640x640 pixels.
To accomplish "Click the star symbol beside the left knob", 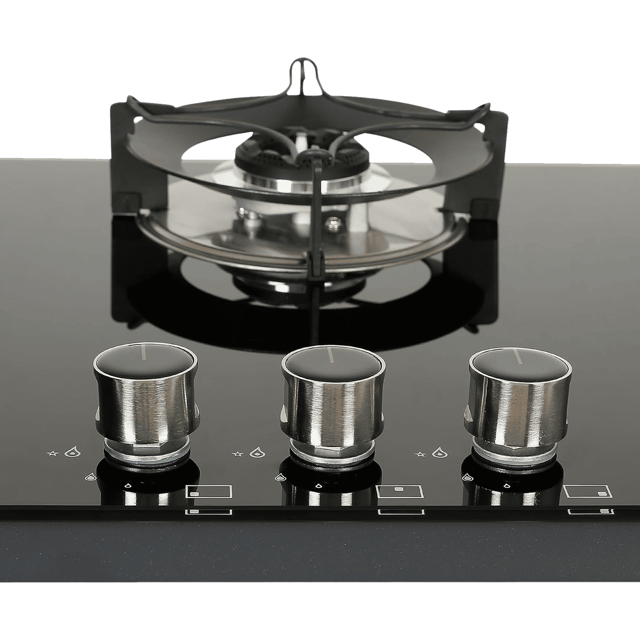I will click(51, 453).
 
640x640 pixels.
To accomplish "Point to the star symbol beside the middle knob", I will click(237, 453).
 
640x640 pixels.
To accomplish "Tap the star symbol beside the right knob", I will click(420, 453).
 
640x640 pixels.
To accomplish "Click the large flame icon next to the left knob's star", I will click(71, 452).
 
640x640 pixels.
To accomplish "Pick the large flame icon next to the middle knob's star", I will click(256, 452).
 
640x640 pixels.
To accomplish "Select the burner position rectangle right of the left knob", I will click(209, 492).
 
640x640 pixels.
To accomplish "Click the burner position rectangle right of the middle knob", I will click(400, 491).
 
